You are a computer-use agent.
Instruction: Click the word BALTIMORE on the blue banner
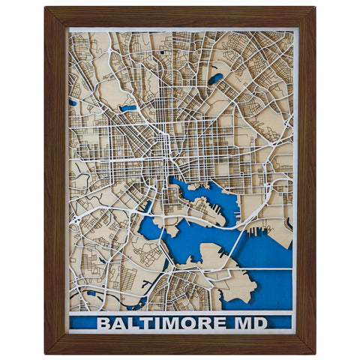159,324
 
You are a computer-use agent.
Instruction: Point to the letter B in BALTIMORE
103,324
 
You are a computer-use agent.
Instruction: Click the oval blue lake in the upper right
216,77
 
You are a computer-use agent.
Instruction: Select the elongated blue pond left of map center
128,108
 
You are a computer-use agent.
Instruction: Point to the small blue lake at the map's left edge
73,103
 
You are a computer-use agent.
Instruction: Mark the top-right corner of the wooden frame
314,7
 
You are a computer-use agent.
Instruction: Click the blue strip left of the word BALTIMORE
82,324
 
